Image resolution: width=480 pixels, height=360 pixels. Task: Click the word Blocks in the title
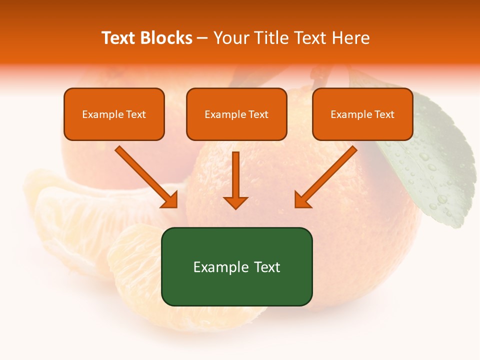tap(165, 38)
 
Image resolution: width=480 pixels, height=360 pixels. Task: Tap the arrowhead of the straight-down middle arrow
tap(235, 202)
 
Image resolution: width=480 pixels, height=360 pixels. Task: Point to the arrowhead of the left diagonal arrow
tap(170, 200)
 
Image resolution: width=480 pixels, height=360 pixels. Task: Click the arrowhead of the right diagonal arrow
tap(302, 199)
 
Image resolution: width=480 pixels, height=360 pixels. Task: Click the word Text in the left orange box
tap(135, 114)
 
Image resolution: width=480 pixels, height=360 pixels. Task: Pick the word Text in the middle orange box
tap(258, 114)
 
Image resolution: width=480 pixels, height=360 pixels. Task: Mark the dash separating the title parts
tap(202, 38)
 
